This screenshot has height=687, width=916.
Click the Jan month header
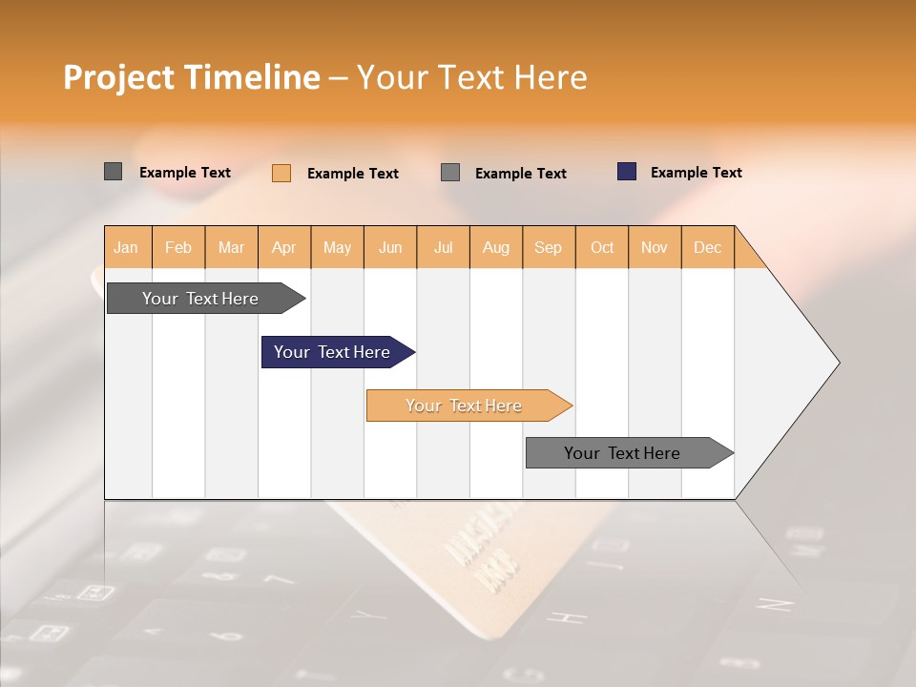click(126, 247)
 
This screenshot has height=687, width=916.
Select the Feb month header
click(178, 247)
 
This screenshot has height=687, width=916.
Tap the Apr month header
click(284, 247)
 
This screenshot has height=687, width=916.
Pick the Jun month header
click(390, 247)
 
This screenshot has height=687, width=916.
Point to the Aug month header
click(496, 247)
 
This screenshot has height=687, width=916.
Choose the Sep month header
click(549, 247)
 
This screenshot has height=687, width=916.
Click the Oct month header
click(602, 247)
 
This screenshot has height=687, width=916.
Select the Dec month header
click(708, 247)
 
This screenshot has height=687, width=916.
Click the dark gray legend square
click(113, 172)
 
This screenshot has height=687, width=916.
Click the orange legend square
click(281, 173)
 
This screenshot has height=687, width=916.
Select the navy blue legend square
click(626, 172)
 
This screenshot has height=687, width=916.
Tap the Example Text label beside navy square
click(697, 173)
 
